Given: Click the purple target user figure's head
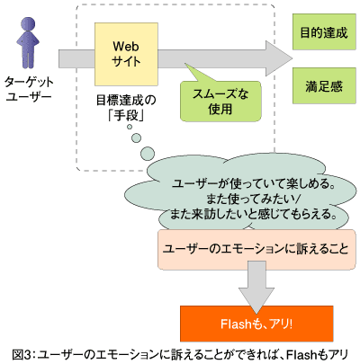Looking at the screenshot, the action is (28, 24).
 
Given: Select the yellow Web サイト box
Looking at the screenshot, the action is (126, 54).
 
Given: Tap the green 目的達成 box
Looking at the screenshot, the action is (324, 31).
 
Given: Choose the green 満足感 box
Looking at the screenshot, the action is (324, 86).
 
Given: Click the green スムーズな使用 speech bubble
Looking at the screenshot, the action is (220, 102).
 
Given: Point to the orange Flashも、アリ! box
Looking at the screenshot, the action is (256, 324).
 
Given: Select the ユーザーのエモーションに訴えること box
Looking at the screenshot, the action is (256, 249).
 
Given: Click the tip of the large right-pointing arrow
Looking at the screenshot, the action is (292, 58).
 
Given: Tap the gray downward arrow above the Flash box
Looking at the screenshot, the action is (256, 288).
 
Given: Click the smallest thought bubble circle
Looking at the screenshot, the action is (130, 127).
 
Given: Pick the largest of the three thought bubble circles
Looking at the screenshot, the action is (148, 154).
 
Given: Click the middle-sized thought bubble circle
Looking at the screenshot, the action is (137, 138).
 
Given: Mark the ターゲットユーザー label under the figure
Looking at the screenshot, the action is (29, 89).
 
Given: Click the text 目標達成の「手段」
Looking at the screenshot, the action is (126, 108).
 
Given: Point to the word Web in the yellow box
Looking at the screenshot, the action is (126, 47).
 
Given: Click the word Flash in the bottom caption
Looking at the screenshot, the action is (301, 355).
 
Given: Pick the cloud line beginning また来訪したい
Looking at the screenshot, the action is (253, 215).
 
